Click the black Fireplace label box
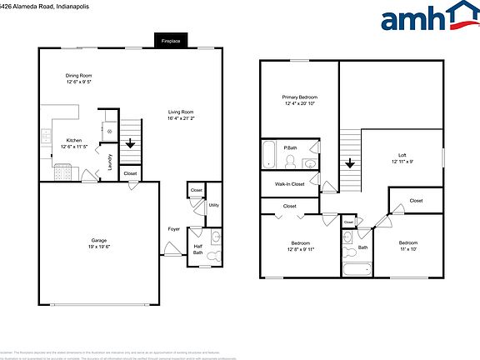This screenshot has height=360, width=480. tap(171, 40)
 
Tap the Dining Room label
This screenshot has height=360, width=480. tap(78, 76)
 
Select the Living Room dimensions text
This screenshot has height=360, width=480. tap(180, 118)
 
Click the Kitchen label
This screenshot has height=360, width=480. tap(73, 139)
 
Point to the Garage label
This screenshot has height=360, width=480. tap(99, 241)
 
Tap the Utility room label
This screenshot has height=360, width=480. tap(213, 204)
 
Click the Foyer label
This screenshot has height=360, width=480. tap(173, 228)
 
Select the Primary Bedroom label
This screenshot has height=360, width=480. tap(300, 97)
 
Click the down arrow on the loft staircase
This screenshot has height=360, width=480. tap(350, 164)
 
